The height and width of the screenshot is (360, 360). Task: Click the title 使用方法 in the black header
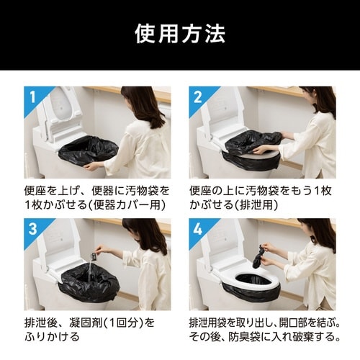(180, 33)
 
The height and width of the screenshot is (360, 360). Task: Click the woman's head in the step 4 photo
(318, 233)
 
